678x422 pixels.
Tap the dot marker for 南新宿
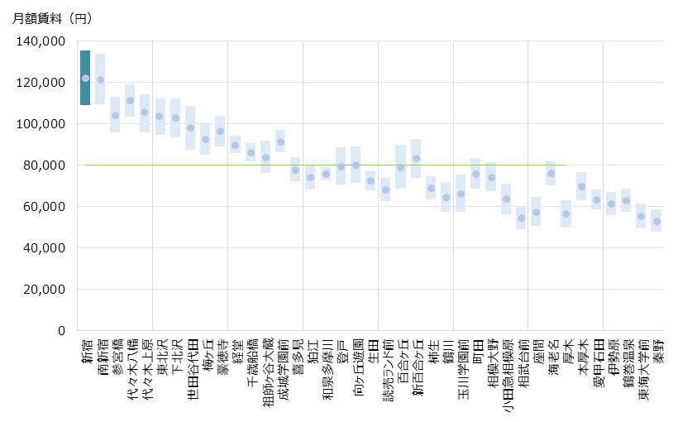pyautogui.click(x=100, y=80)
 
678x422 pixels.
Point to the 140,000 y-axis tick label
pyautogui.click(x=41, y=41)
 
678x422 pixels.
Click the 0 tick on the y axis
pyautogui.click(x=61, y=331)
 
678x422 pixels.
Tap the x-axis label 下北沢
pyautogui.click(x=174, y=357)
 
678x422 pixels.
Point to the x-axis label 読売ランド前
pyautogui.click(x=385, y=372)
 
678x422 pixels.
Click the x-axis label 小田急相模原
pyautogui.click(x=506, y=376)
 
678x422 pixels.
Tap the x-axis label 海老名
pyautogui.click(x=551, y=357)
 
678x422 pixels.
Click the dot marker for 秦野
pyautogui.click(x=657, y=221)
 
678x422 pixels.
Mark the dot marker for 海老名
pyautogui.click(x=551, y=174)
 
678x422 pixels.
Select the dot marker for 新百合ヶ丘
pyautogui.click(x=416, y=159)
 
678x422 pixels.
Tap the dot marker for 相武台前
pyautogui.click(x=521, y=218)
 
